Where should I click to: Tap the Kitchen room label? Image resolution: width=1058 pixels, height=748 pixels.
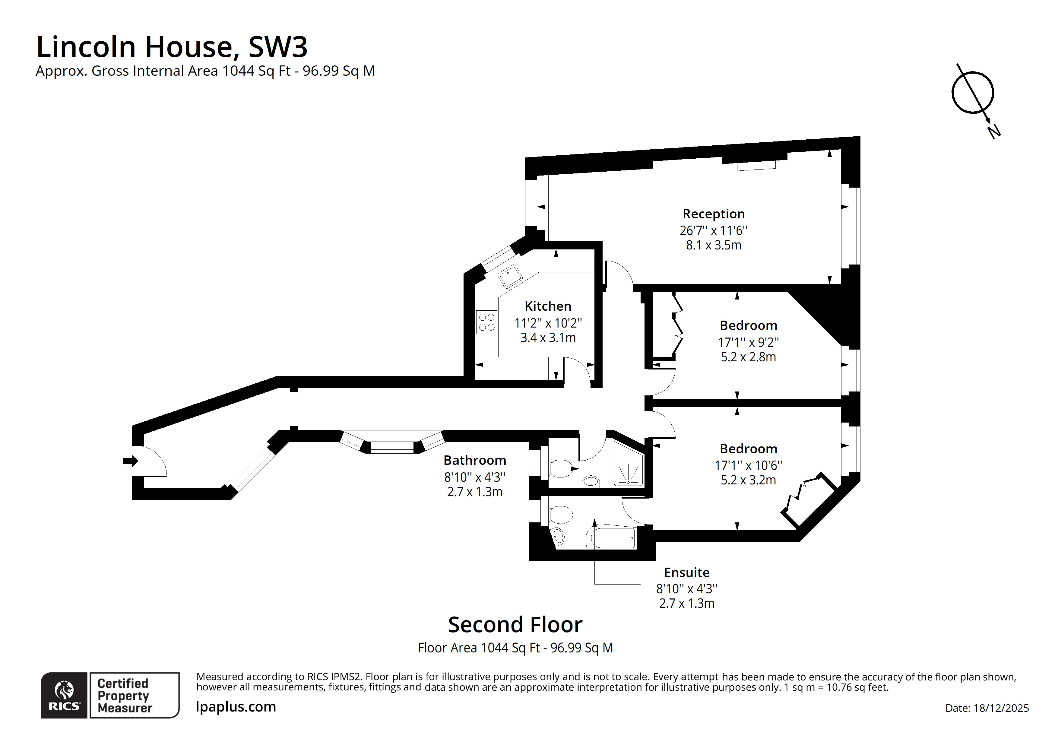coord(548,306)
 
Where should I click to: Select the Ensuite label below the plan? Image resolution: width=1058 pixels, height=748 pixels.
coord(687,572)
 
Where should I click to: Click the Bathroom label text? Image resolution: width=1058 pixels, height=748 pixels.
coord(475,461)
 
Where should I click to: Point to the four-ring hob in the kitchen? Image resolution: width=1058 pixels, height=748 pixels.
coord(486,322)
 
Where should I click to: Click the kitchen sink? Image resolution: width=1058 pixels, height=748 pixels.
coord(510,276)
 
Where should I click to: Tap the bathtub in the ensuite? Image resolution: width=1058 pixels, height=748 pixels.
coord(613,537)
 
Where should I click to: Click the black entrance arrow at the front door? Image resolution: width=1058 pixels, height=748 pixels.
coord(130,461)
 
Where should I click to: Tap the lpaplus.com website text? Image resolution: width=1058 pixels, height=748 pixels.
coord(236,707)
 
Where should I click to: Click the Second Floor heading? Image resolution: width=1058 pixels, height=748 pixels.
coord(515,625)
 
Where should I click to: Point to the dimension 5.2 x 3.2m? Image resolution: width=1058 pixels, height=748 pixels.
coord(748,480)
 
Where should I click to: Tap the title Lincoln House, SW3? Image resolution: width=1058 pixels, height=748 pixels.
coord(172,47)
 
